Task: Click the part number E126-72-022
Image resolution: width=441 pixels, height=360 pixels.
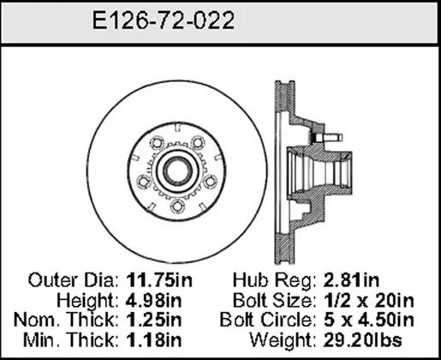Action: [x=164, y=21]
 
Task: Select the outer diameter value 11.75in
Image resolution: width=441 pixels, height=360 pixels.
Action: [x=159, y=280]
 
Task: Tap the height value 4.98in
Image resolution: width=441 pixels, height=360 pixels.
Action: [x=153, y=300]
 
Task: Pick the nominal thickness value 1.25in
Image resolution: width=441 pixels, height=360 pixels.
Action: [x=153, y=320]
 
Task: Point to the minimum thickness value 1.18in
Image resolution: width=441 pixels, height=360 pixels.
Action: [x=153, y=340]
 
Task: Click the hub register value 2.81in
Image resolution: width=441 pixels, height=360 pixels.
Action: [x=351, y=280]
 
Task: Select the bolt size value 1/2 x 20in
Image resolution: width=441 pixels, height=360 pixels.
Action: [x=368, y=300]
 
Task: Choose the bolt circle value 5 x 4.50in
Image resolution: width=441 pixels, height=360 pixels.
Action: [x=368, y=320]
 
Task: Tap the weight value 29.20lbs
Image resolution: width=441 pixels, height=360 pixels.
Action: [x=362, y=340]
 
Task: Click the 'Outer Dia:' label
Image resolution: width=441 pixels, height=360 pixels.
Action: [x=74, y=280]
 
